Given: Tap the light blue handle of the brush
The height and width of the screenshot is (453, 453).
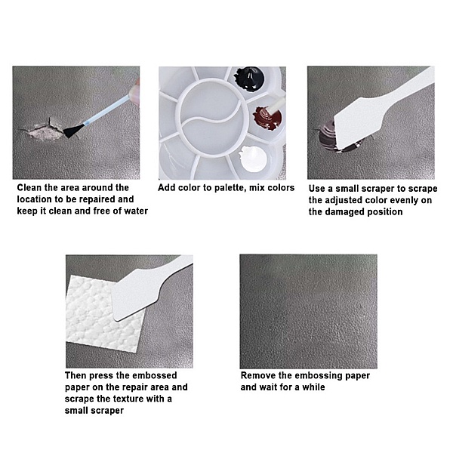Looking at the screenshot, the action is pos(106,110).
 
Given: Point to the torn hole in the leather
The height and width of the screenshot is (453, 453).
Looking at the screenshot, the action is pos(45,131).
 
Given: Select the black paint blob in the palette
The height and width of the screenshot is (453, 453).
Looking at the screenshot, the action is pos(249,79).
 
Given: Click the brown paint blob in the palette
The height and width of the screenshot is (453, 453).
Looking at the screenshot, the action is pos(267,119).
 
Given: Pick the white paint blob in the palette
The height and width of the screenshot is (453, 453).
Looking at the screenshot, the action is pos(254,159).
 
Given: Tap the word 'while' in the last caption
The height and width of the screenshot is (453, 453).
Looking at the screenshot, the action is pos(313,387).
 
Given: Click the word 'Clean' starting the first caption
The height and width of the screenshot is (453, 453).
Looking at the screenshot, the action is pos(29,187).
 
